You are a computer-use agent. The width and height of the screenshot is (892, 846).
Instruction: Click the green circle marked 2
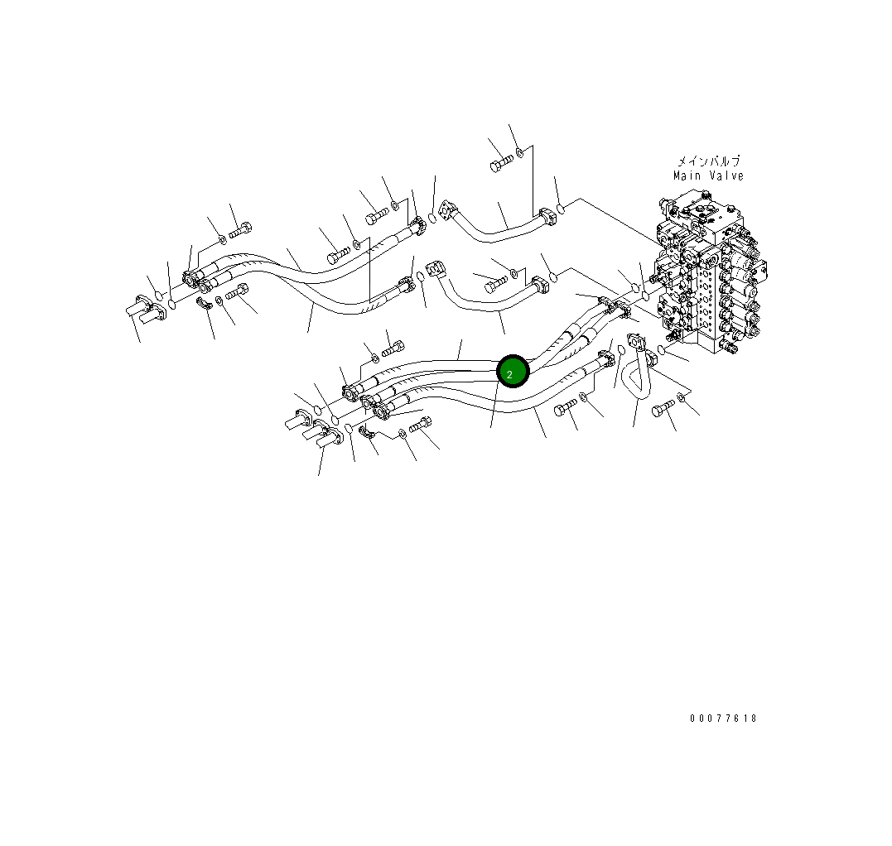(x=513, y=373)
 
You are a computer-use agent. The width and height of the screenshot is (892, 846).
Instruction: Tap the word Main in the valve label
(x=687, y=175)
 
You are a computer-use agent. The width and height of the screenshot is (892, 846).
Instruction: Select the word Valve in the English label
(x=726, y=175)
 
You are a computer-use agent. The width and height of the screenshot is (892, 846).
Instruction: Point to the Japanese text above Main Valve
(x=708, y=161)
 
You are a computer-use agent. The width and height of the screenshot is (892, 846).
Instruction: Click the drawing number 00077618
(x=723, y=719)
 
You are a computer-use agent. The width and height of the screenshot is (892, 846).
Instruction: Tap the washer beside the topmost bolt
(x=519, y=151)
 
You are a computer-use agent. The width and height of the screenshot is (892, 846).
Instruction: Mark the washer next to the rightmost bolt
(x=681, y=398)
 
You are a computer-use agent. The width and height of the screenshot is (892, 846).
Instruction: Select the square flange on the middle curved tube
(x=436, y=270)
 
